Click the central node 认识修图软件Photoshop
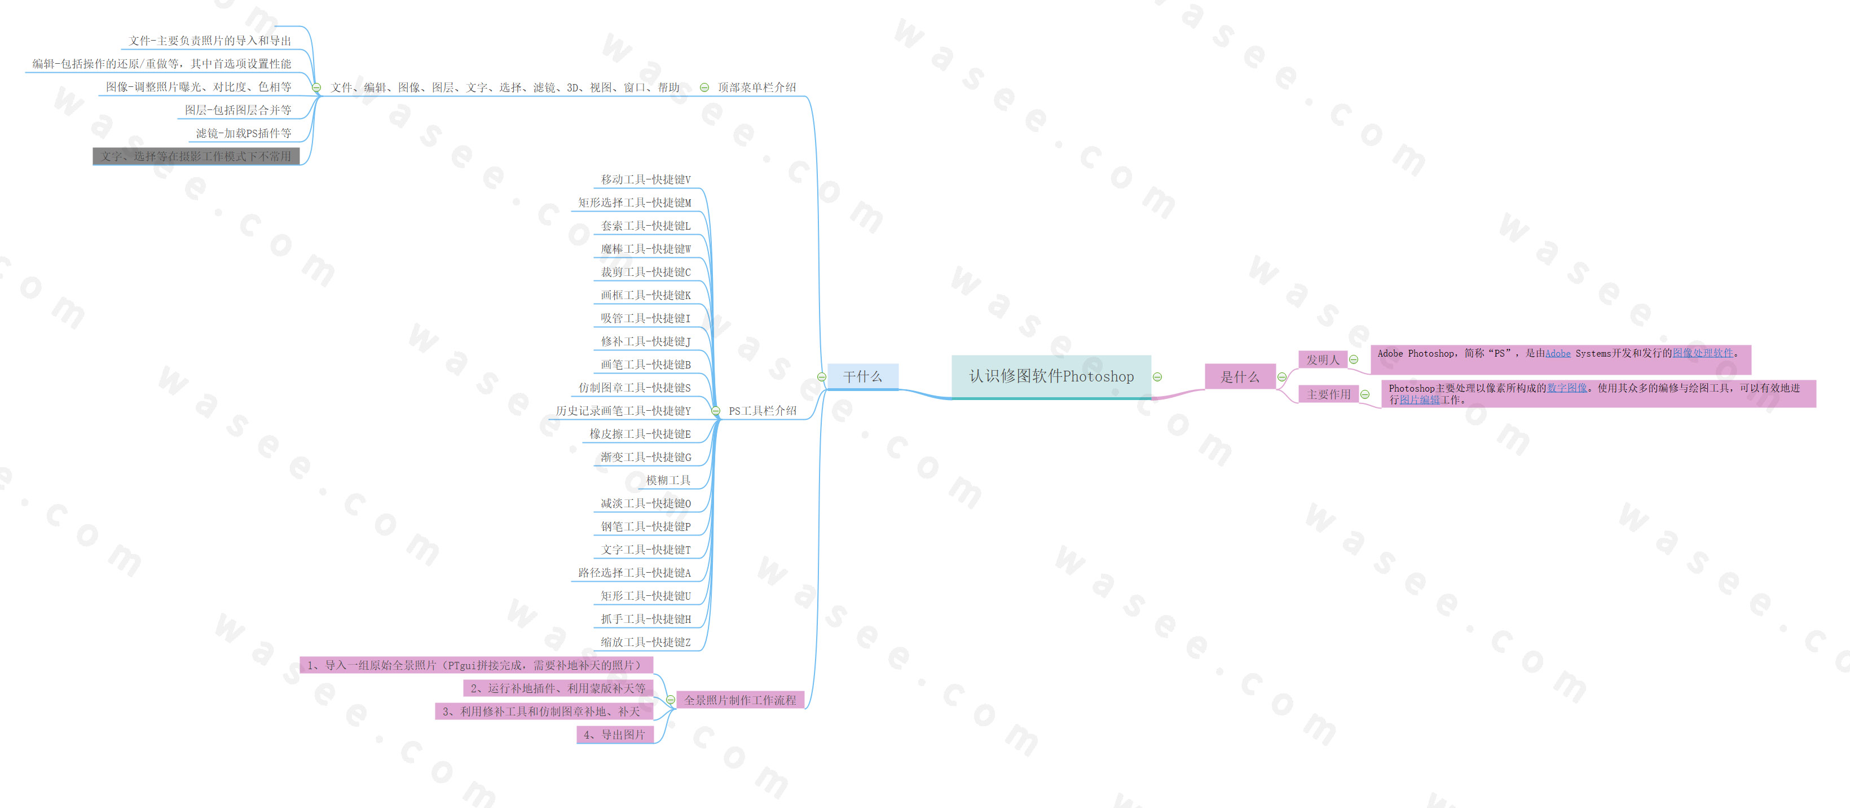1051,376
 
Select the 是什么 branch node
1240,377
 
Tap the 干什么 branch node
862,376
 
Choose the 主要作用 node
1328,394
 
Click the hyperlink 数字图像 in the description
1566,388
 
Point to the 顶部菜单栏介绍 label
756,87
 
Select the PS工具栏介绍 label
762,411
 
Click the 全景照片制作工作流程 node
739,700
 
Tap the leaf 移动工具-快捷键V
646,179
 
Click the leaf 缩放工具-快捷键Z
646,642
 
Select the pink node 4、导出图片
615,735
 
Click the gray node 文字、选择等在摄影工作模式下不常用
196,156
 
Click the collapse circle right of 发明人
1354,360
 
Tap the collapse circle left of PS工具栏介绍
716,411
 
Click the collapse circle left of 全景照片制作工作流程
670,700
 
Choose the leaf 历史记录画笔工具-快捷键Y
623,411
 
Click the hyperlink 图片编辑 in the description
1420,400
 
